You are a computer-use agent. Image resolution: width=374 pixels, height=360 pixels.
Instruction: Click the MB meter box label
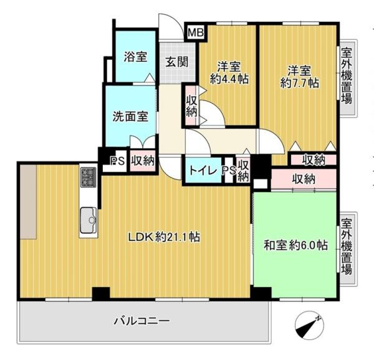point(196,32)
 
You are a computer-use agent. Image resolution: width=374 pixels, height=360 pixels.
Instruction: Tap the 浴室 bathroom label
point(135,57)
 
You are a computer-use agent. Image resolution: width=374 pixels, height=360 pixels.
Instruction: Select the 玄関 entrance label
point(177,62)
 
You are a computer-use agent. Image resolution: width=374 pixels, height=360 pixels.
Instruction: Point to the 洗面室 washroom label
point(130,117)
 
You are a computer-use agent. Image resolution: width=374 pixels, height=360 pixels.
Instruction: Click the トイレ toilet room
point(203,170)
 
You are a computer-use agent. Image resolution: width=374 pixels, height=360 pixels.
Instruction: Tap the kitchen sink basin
point(89,220)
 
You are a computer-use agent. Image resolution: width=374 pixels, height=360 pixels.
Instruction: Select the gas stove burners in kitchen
point(89,177)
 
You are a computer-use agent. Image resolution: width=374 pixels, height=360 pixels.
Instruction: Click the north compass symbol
point(309,325)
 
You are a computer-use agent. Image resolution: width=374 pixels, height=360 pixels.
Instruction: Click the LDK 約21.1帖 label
point(164,237)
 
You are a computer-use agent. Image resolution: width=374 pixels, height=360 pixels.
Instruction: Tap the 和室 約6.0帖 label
point(295,245)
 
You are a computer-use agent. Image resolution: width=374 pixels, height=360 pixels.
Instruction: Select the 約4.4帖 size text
point(229,79)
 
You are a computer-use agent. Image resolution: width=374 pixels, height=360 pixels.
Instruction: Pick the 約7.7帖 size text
point(300,83)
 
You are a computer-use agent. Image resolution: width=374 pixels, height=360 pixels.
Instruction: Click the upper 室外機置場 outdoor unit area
point(347,75)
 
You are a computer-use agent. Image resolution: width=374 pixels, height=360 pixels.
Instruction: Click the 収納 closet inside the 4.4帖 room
point(191,105)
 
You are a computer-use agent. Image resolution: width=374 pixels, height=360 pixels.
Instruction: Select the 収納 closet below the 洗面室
point(143,161)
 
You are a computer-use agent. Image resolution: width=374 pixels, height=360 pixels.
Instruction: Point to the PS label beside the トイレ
point(229,170)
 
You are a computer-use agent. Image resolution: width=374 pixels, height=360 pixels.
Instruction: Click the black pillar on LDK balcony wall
point(101,293)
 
